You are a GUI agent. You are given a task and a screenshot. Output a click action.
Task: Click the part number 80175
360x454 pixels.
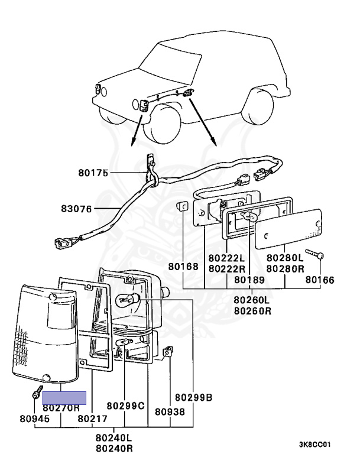[x=93, y=173]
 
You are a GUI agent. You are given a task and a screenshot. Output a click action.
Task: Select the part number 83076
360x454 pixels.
[x=77, y=208]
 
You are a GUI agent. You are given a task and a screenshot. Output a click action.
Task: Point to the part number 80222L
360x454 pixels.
[x=226, y=258]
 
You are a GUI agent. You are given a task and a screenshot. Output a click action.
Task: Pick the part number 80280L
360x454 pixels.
[x=284, y=258]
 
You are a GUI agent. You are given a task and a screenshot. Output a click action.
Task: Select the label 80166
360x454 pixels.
[x=319, y=280]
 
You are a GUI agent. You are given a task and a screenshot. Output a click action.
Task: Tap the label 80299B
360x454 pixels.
[x=193, y=397]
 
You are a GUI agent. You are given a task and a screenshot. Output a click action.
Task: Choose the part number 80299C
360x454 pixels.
[x=125, y=406]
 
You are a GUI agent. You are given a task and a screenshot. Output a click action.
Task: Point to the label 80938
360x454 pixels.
[x=170, y=411]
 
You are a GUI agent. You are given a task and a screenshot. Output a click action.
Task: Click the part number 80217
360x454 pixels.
[x=93, y=419]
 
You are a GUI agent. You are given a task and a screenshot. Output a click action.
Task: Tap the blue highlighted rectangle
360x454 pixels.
[x=64, y=398]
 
